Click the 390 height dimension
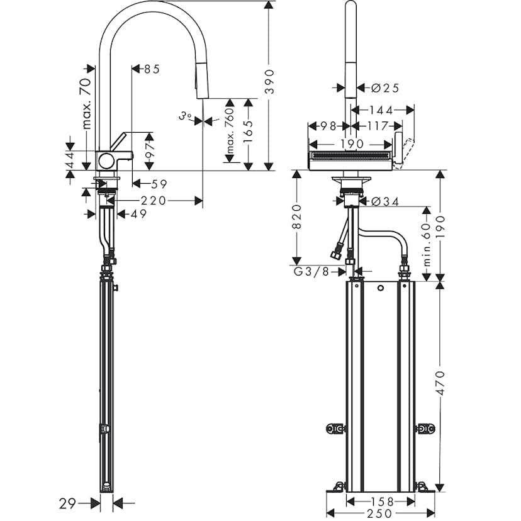coord(269,81)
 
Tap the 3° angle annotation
coord(184,116)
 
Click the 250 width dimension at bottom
coord(379,514)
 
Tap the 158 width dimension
coord(379,501)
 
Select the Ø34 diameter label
coord(384,201)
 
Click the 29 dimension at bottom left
coord(69,503)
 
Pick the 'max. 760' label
coord(230,132)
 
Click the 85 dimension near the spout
coord(151,69)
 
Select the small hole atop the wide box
coord(380,289)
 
